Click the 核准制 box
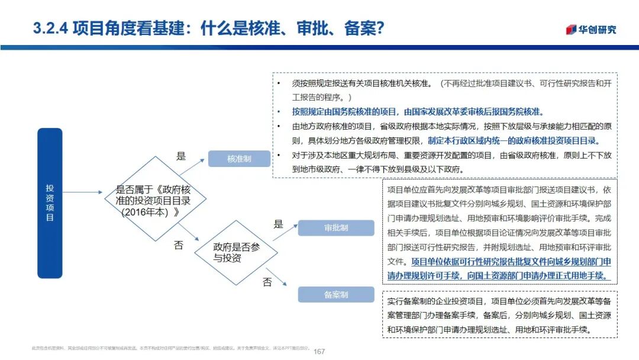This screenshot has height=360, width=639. point(239,159)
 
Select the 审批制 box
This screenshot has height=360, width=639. point(335,228)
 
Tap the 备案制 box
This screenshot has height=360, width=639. point(335,294)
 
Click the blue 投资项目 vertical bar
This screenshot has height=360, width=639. point(50,203)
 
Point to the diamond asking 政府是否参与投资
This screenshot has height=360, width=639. point(236,253)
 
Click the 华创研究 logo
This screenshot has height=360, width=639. point(591,30)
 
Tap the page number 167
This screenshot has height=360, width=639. point(319,351)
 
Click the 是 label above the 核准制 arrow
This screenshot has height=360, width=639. point(181,157)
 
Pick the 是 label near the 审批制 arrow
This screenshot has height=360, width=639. point(278,224)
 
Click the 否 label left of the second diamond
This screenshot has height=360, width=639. point(178,246)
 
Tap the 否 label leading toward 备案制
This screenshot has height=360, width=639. point(267,282)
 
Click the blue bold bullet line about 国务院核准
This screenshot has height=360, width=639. point(417,111)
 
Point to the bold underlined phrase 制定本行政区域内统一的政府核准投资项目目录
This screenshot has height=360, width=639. point(513,140)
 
